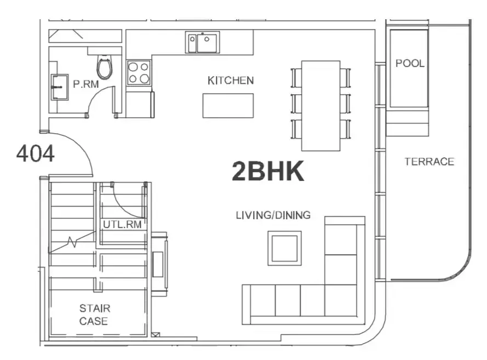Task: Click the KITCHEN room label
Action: pyautogui.click(x=231, y=81)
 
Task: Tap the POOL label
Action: pyautogui.click(x=410, y=64)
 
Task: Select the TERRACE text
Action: pyautogui.click(x=429, y=162)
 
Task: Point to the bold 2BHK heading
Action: pyautogui.click(x=268, y=172)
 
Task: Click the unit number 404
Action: pyautogui.click(x=36, y=154)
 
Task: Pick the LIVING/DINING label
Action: pyautogui.click(x=273, y=215)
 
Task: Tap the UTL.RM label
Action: pyautogui.click(x=122, y=224)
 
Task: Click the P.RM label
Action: pyautogui.click(x=85, y=84)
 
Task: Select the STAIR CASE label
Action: pyautogui.click(x=95, y=315)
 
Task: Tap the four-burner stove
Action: pyautogui.click(x=139, y=73)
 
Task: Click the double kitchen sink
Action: pyautogui.click(x=203, y=42)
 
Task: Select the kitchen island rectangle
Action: pyautogui.click(x=228, y=106)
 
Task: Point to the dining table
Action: pyautogui.click(x=321, y=106)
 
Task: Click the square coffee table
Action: pyautogui.click(x=284, y=248)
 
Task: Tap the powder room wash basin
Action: pyautogui.click(x=60, y=87)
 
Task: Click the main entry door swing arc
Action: pyautogui.click(x=82, y=145)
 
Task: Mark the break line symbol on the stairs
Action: pyautogui.click(x=72, y=241)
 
